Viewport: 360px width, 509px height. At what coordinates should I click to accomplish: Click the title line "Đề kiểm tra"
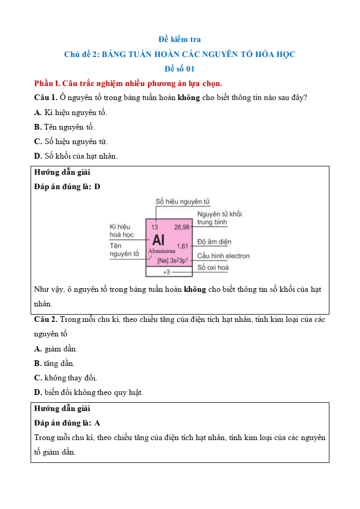click(x=179, y=39)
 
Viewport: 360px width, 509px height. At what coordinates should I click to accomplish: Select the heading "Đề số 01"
click(x=179, y=68)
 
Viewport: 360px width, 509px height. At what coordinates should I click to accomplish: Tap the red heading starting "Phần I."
click(x=128, y=83)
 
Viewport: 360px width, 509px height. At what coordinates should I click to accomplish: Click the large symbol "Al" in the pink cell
click(x=158, y=239)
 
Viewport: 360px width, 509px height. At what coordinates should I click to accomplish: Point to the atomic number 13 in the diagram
click(x=155, y=227)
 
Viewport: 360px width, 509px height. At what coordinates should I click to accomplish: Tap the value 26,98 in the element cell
click(x=182, y=227)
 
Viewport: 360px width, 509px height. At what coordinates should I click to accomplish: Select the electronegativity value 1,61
click(x=183, y=246)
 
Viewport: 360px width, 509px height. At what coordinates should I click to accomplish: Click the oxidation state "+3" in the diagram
click(x=167, y=272)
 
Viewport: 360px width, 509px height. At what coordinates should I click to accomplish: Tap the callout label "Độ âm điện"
click(x=214, y=242)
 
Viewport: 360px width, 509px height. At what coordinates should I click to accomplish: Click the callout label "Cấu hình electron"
click(x=223, y=256)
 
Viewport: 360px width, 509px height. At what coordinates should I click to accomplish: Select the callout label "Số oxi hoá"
click(x=213, y=267)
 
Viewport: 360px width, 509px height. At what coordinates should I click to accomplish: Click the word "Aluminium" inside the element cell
click(x=162, y=251)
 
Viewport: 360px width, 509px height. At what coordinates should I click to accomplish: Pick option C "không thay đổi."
click(x=65, y=378)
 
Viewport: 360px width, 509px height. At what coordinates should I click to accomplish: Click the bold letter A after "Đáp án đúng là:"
click(x=98, y=423)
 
